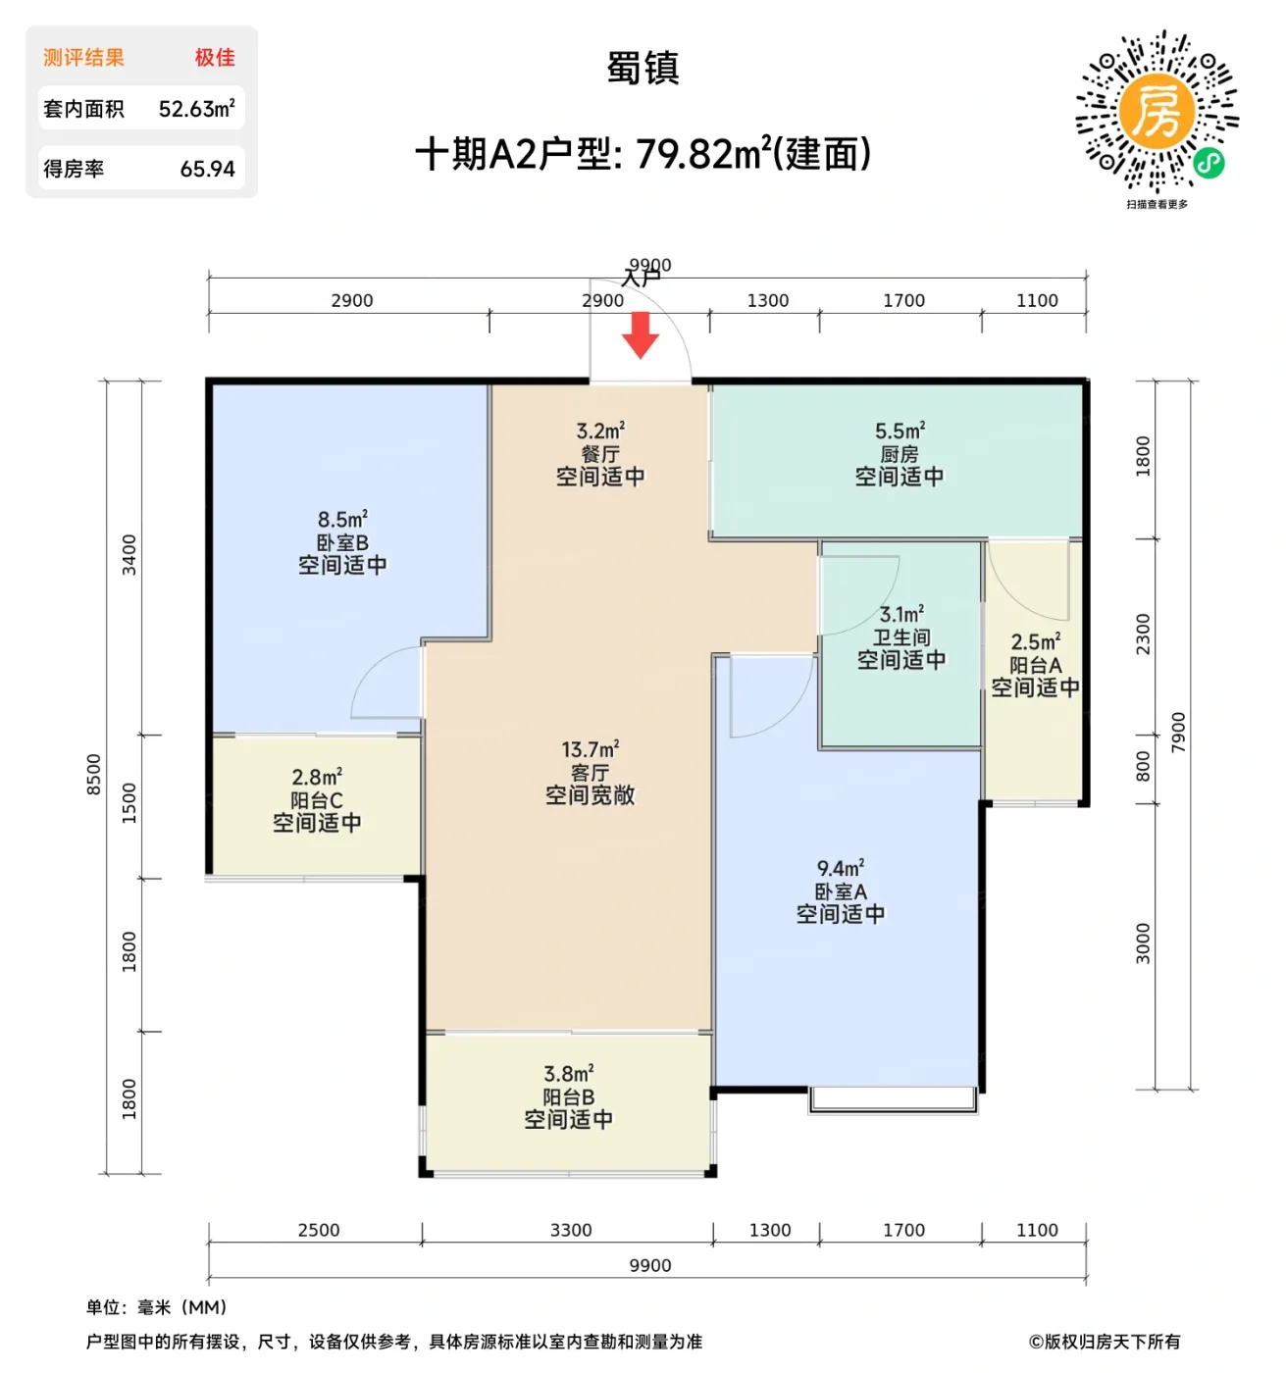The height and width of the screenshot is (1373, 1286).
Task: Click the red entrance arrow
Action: (x=640, y=334)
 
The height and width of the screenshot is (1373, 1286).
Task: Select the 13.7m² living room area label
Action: (x=590, y=750)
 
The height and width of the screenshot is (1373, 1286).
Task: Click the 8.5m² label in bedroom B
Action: (x=342, y=519)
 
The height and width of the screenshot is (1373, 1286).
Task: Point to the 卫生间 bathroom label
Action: (x=901, y=637)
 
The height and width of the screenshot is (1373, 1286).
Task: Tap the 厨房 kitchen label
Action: (x=899, y=454)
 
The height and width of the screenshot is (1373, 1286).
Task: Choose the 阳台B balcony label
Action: (x=568, y=1097)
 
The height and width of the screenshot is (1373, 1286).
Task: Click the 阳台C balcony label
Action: (x=317, y=800)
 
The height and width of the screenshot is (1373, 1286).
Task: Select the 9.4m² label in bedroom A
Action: (x=840, y=869)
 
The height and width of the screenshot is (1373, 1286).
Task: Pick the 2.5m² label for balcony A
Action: (x=1035, y=642)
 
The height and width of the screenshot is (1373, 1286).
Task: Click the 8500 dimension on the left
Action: (x=94, y=775)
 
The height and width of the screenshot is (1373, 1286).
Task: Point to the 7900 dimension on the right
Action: (x=1178, y=733)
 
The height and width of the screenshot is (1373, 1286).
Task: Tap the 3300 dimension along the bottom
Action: (x=571, y=1230)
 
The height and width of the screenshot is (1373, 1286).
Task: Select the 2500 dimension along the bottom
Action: (x=319, y=1230)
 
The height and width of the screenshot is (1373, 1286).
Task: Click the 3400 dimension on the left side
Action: (x=129, y=555)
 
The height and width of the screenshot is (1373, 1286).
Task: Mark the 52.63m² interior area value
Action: (x=196, y=109)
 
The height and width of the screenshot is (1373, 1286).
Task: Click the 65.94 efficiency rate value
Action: (x=207, y=169)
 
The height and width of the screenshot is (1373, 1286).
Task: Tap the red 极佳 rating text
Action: (x=215, y=58)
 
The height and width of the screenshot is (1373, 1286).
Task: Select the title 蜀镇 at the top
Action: (x=643, y=69)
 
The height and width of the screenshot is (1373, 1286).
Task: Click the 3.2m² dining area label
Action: (x=600, y=432)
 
